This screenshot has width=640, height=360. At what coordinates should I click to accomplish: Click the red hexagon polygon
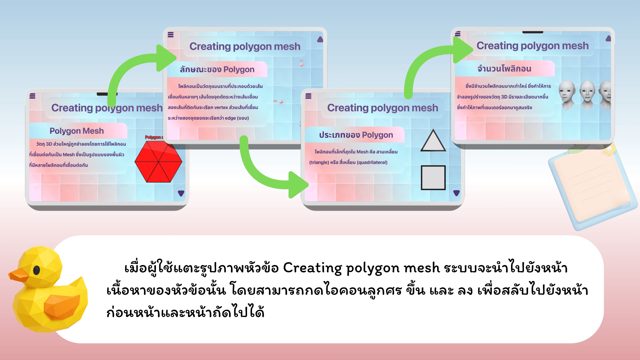(x=158, y=161)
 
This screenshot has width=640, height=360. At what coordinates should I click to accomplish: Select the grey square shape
(x=433, y=178)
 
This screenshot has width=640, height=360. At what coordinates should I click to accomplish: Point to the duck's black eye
(x=37, y=270)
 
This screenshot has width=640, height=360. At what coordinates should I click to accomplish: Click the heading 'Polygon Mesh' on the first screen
(x=77, y=131)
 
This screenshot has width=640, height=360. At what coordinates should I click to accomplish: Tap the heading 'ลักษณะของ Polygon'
(x=217, y=69)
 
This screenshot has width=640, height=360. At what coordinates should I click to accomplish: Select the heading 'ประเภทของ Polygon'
(x=356, y=135)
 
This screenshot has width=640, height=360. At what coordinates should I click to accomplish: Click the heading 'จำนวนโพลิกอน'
(x=504, y=69)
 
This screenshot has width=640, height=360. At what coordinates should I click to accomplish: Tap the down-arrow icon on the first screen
(x=181, y=193)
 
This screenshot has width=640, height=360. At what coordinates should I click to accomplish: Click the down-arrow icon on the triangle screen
(x=456, y=193)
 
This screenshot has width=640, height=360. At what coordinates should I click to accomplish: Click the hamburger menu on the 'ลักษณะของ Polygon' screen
(x=171, y=35)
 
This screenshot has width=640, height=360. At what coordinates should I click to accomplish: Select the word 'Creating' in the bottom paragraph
(x=312, y=268)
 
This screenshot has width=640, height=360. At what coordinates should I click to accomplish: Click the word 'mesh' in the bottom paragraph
(x=422, y=268)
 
